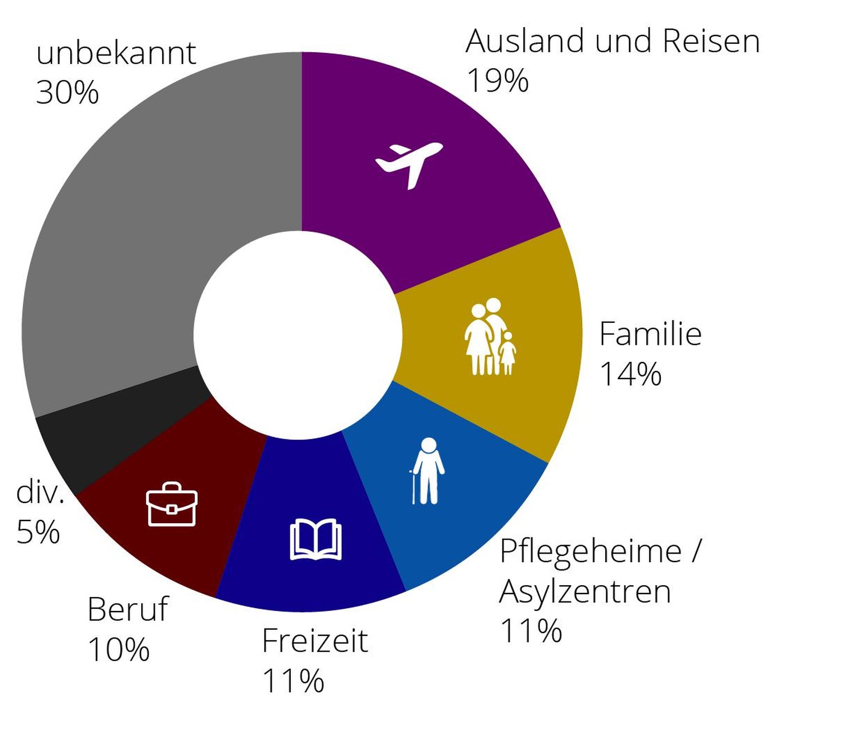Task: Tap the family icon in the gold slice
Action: tap(490, 337)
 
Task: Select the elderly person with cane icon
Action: tap(428, 471)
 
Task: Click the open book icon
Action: tap(316, 540)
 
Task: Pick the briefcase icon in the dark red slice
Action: tap(172, 504)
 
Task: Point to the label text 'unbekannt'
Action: tap(116, 54)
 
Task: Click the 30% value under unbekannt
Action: tap(67, 92)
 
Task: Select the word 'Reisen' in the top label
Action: tap(711, 42)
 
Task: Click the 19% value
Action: tap(498, 80)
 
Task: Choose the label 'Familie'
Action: tap(650, 334)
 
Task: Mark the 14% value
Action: tap(631, 374)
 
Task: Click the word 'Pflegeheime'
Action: tap(591, 551)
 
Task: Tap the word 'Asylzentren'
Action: tap(585, 591)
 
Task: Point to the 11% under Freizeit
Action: tap(293, 681)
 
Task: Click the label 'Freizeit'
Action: tap(315, 641)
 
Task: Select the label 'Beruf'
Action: tap(128, 609)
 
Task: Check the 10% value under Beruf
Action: tap(119, 650)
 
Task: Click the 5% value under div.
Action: tap(38, 532)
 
